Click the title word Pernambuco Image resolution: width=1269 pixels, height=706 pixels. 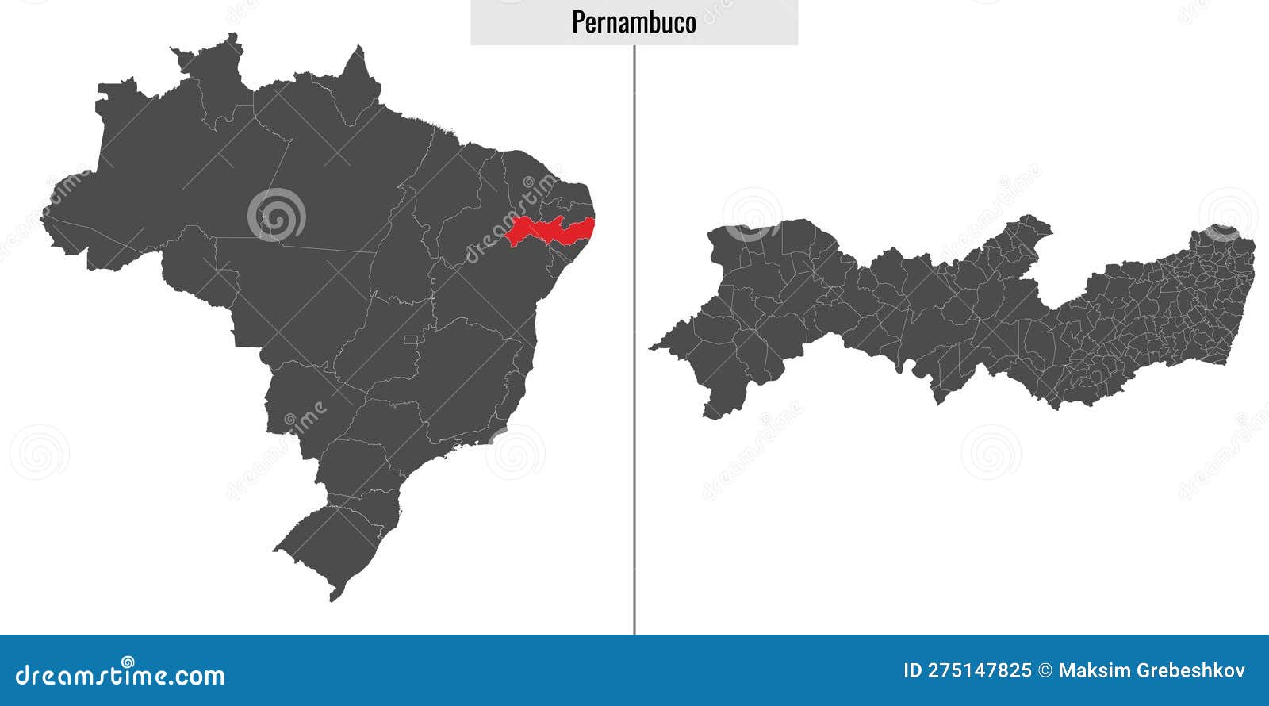634,22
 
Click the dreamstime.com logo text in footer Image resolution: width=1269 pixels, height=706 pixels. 121,675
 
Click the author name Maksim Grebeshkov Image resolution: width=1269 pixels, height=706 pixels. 1152,671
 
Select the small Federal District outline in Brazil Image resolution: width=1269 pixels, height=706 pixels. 410,340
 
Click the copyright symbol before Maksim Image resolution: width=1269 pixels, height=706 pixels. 1045,671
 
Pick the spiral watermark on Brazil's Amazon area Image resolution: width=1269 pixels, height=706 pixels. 276,214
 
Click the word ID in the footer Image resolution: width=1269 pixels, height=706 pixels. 914,671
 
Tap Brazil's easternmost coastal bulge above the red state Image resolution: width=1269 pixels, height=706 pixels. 583,198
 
